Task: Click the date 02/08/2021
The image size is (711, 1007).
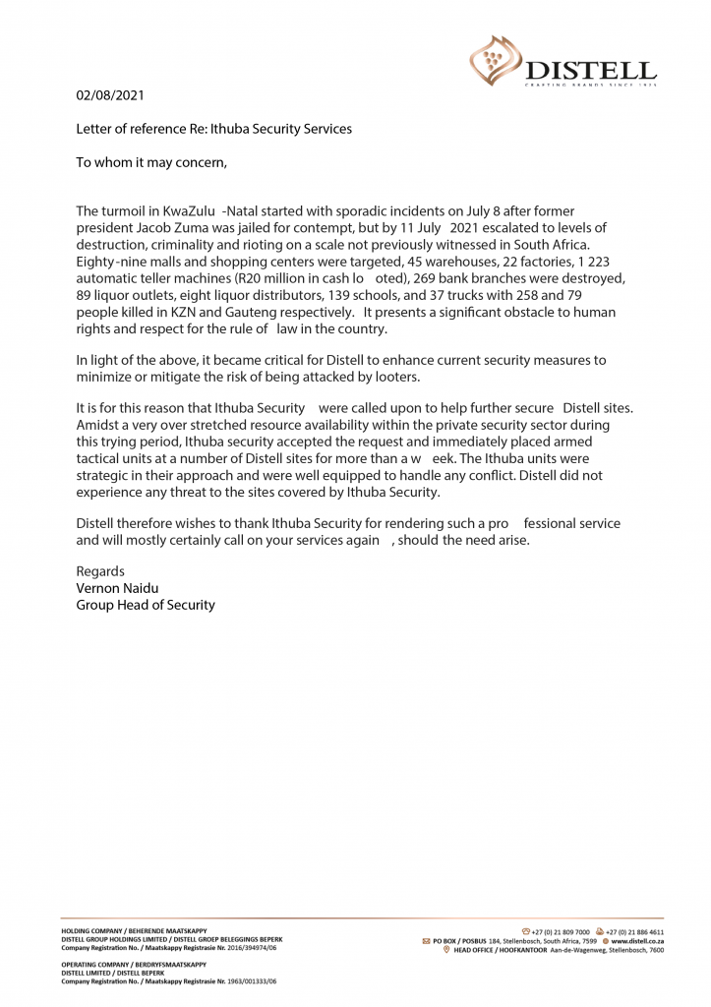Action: [x=110, y=95]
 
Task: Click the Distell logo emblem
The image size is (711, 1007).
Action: [x=496, y=58]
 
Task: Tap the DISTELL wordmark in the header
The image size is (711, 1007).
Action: [x=590, y=70]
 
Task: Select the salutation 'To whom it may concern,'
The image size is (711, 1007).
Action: [x=151, y=162]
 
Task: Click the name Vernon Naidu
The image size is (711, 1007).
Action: [x=118, y=588]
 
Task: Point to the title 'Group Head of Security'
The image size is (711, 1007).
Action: [x=146, y=605]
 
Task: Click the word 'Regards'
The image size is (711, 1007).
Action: [x=100, y=571]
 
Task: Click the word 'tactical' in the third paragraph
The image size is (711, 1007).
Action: [x=99, y=458]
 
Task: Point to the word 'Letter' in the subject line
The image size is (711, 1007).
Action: [x=95, y=129]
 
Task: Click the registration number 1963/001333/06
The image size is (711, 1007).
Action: [x=252, y=981]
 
